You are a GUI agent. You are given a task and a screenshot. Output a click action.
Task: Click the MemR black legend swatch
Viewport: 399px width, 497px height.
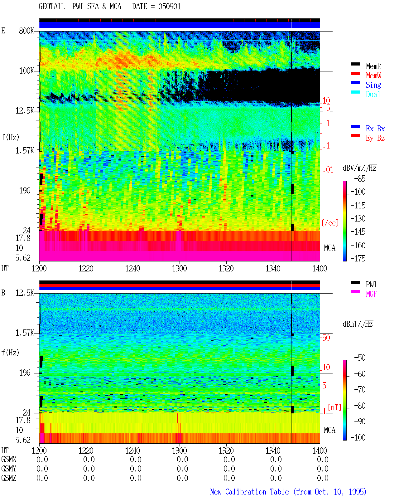click(355, 64)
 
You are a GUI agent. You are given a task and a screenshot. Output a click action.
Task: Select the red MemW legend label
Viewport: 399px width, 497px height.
click(373, 76)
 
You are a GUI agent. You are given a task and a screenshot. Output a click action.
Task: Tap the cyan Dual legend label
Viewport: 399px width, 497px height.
click(373, 94)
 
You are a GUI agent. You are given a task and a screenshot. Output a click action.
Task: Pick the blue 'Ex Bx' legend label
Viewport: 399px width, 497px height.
click(375, 129)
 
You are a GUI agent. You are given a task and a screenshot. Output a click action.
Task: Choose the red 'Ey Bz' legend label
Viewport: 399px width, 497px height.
click(375, 138)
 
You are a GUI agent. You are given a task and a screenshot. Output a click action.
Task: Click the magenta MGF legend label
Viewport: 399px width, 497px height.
click(371, 294)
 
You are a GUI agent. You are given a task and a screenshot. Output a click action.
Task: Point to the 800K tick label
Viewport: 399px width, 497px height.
click(26, 31)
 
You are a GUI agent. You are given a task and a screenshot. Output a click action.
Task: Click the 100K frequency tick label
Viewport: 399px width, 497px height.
click(26, 71)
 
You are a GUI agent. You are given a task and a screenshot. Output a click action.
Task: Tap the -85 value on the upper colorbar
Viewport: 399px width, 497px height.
click(360, 178)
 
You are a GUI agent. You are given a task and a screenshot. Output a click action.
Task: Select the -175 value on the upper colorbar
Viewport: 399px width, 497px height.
click(358, 258)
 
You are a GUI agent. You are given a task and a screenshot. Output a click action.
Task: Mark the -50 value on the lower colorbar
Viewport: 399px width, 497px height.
click(360, 358)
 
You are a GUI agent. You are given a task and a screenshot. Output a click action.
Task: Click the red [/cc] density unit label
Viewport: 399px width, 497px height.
click(330, 223)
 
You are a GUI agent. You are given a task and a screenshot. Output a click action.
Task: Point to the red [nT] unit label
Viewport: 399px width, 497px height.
click(334, 407)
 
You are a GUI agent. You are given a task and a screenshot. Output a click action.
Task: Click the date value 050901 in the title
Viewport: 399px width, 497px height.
click(169, 7)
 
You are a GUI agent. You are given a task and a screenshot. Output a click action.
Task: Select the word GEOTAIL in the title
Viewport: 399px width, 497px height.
click(52, 7)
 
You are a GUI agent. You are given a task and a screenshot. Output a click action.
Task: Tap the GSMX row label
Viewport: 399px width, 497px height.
click(9, 459)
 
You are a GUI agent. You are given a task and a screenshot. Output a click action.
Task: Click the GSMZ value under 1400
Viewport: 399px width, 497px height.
click(323, 478)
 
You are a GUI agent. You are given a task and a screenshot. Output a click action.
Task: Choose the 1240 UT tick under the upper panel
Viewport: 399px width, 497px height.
click(133, 269)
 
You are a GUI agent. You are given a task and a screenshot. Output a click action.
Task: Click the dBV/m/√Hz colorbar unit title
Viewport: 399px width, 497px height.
click(360, 168)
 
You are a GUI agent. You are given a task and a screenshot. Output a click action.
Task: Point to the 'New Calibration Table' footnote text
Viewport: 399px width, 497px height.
click(249, 492)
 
